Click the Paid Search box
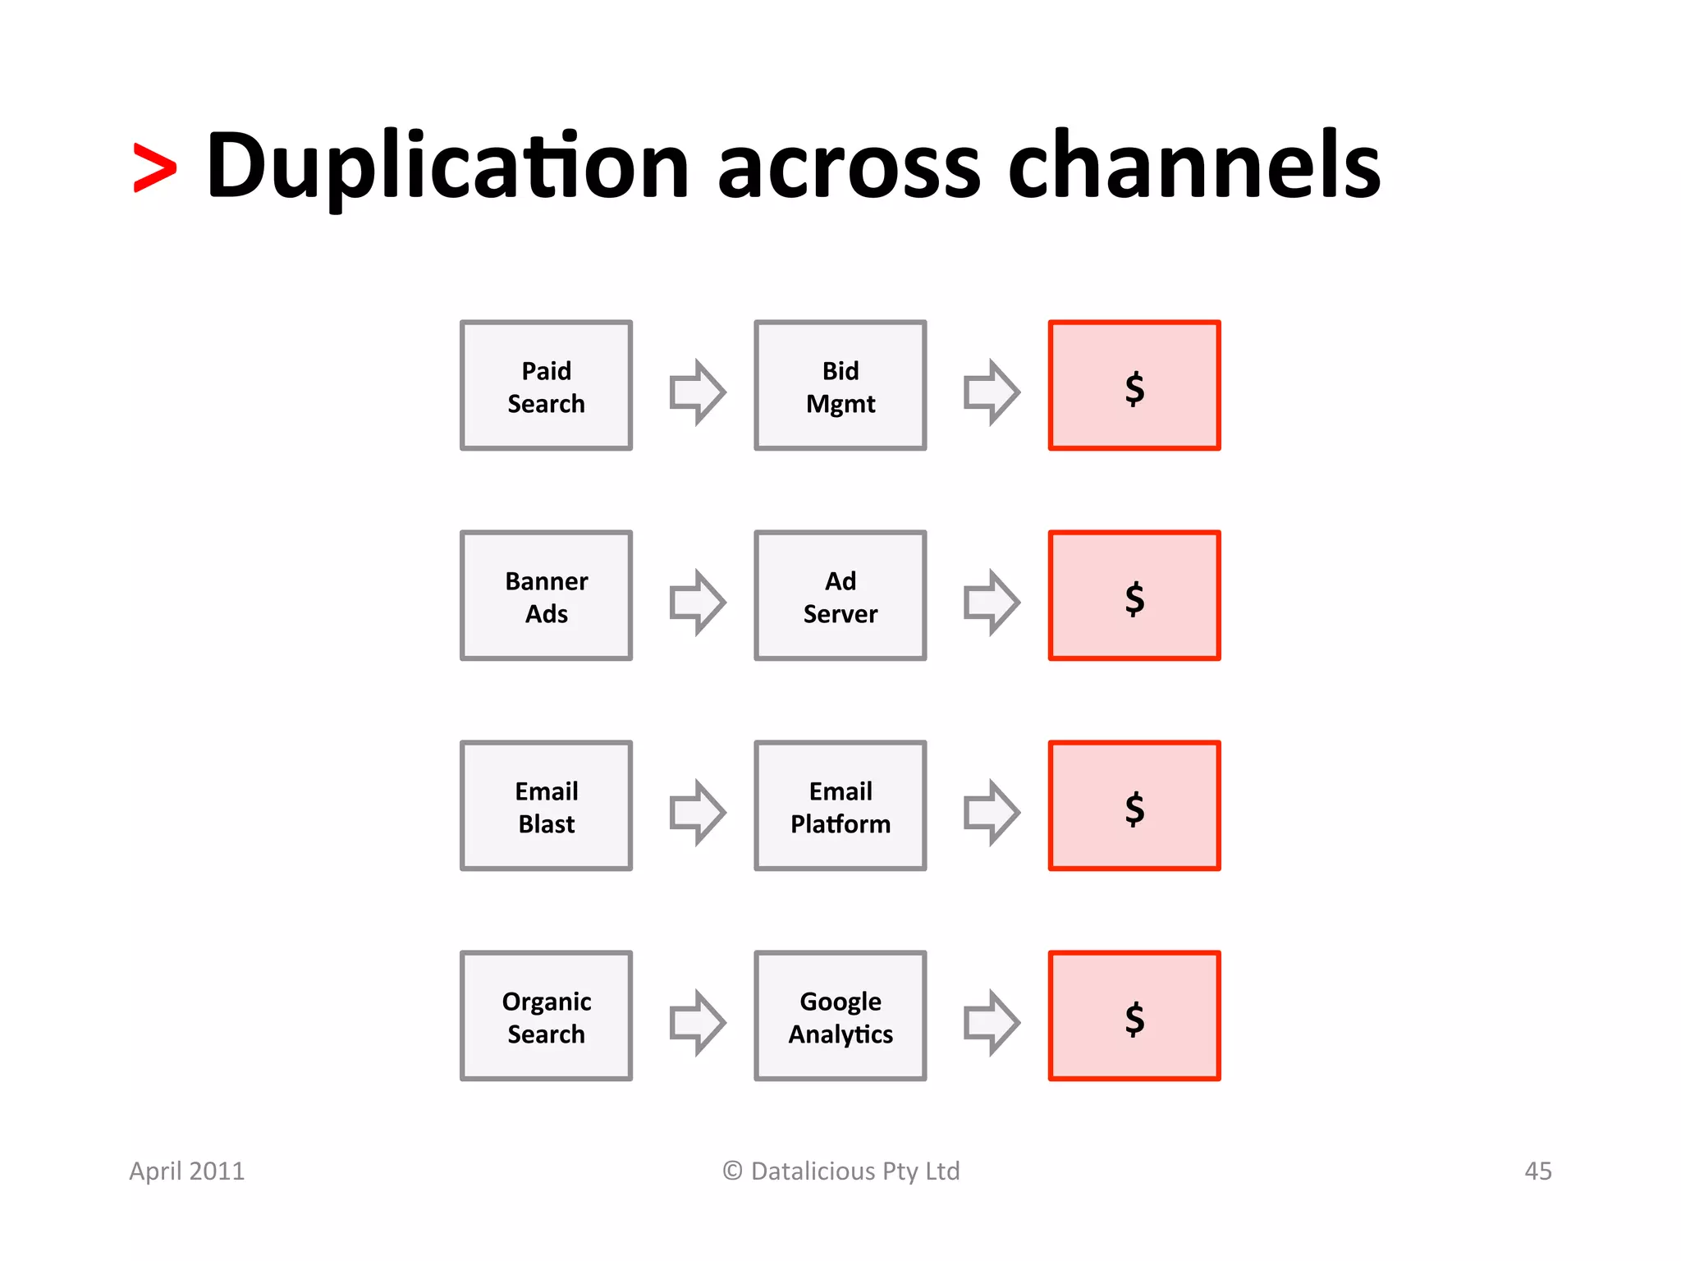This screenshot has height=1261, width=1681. (546, 386)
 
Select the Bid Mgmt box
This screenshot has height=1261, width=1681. (840, 386)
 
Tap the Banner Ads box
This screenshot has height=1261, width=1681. (546, 596)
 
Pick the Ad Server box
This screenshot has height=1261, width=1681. (840, 596)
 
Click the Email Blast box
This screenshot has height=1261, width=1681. (546, 806)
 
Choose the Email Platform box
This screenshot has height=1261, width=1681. (840, 806)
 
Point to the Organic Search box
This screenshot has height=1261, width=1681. (546, 1016)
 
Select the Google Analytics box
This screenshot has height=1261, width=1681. (840, 1016)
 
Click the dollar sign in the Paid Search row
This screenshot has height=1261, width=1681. (1134, 387)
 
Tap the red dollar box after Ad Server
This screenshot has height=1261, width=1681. (1134, 596)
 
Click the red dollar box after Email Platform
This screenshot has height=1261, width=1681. (1134, 806)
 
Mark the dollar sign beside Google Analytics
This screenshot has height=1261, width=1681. (1134, 1018)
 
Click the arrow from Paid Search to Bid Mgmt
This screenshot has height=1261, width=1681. (697, 392)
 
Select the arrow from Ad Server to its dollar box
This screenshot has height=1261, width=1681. (991, 602)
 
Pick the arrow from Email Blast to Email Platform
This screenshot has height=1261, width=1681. (697, 812)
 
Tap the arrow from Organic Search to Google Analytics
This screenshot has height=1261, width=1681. (697, 1022)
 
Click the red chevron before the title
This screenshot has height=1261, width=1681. (155, 168)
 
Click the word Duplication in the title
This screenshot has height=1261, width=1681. (447, 167)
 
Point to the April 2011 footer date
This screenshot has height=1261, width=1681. (187, 1171)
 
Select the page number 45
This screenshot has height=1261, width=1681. (1537, 1171)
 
